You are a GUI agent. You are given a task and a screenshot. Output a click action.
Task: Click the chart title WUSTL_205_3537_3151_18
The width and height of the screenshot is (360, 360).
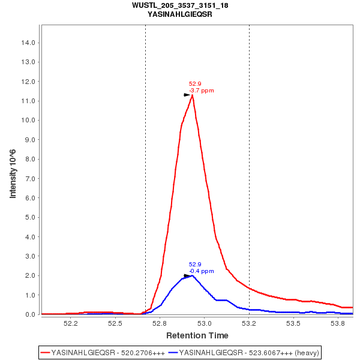click(180, 5)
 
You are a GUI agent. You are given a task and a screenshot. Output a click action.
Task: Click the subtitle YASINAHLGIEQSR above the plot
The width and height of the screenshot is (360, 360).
click(180, 14)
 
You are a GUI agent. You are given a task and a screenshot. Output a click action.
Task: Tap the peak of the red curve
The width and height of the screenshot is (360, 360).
click(192, 95)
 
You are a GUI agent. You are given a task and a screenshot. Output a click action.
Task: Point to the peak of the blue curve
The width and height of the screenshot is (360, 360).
click(191, 275)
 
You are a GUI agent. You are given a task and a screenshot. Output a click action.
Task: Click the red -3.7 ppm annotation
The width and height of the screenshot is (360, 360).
click(202, 91)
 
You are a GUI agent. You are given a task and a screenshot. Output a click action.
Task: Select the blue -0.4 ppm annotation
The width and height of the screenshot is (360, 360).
click(202, 271)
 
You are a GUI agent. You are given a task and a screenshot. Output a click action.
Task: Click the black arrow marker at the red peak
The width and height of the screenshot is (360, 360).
click(187, 95)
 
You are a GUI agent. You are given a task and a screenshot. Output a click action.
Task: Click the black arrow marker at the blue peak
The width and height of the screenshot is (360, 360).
click(187, 276)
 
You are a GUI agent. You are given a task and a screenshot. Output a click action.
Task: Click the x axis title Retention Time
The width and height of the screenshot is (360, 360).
click(197, 335)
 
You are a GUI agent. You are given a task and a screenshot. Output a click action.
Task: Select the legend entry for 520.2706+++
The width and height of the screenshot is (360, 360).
click(102, 352)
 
